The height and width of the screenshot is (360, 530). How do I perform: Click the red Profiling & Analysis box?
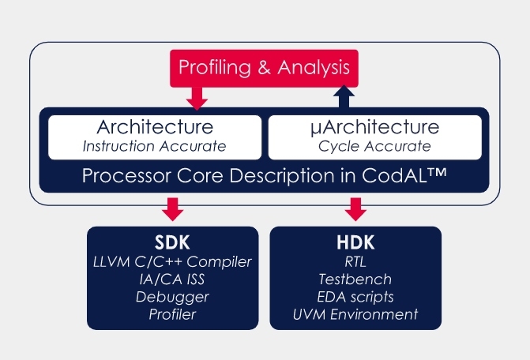264,68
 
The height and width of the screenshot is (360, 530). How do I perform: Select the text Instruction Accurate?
155,146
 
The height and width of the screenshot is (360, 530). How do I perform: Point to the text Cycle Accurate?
374,146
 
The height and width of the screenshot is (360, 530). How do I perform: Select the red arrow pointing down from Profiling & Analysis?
195,98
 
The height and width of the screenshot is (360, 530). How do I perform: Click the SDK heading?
172,242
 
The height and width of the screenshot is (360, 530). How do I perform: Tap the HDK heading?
355,242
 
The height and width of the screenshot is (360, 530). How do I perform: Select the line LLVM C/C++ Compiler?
172,261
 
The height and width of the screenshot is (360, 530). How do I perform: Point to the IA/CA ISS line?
172,279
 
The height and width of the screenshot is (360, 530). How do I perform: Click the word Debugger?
172,297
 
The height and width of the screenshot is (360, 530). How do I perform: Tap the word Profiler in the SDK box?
172,314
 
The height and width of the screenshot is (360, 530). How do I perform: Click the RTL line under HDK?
355,261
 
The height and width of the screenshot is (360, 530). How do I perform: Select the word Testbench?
355,279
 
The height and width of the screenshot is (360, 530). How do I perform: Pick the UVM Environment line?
355,314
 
